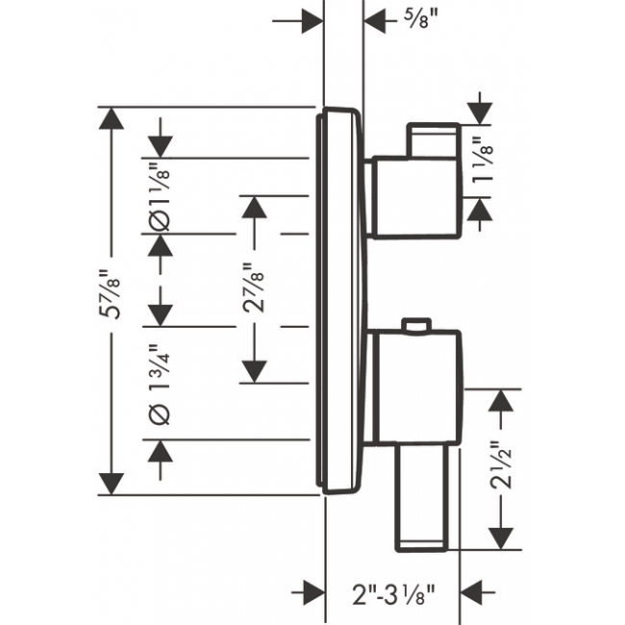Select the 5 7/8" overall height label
110,294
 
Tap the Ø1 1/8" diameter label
160,199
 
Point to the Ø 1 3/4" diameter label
160,385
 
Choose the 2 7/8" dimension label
254,287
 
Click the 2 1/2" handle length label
501,464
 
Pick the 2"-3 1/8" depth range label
393,593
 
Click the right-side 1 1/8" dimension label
482,161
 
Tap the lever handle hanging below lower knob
421,498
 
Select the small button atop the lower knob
416,324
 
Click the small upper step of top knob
434,140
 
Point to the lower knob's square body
417,387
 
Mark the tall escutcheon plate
338,301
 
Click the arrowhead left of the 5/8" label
312,21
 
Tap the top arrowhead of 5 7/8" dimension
112,118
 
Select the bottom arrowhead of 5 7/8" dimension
112,484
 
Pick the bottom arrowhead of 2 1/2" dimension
501,538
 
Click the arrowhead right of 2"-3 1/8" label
471,592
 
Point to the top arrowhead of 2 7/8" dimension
254,207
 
